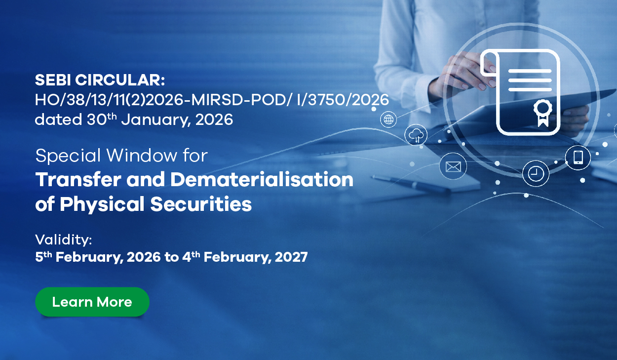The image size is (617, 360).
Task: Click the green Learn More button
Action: (92, 302)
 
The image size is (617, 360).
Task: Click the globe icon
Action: (388, 120)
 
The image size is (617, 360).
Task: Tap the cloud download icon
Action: (416, 135)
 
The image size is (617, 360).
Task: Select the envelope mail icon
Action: (453, 166)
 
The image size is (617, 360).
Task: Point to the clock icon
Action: (536, 174)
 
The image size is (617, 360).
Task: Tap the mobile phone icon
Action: (578, 158)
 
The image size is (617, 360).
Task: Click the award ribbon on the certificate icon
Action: (543, 113)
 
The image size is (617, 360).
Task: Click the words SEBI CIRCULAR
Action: (100, 80)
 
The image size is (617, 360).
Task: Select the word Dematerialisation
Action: (262, 179)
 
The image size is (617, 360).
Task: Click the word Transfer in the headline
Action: (78, 179)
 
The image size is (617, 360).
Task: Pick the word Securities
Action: (201, 204)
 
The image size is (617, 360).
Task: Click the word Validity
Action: (63, 240)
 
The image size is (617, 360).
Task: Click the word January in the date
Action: (156, 120)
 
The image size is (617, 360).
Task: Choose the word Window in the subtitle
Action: (142, 156)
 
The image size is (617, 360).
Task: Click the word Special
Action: (68, 156)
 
